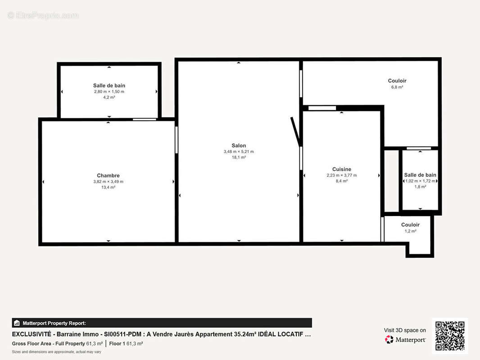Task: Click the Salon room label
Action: (239, 145)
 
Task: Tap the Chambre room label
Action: (108, 175)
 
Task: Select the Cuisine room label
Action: (341, 169)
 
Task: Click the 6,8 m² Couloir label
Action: (397, 81)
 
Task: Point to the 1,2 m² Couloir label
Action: (410, 225)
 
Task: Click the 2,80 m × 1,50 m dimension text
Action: (109, 91)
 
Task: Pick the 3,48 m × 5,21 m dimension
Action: (239, 152)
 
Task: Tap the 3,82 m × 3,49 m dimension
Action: (108, 181)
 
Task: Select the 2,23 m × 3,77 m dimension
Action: (341, 175)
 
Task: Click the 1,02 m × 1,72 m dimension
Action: (420, 181)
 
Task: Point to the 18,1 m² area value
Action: (239, 157)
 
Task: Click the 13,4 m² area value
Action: (108, 187)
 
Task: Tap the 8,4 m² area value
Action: (341, 181)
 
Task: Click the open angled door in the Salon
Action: (295, 131)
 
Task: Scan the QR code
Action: (450, 336)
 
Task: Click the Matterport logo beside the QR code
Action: (405, 340)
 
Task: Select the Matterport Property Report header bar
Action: (162, 323)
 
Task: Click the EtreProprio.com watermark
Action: (43, 16)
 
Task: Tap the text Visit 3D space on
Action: (405, 330)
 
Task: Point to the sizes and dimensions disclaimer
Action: (56, 351)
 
